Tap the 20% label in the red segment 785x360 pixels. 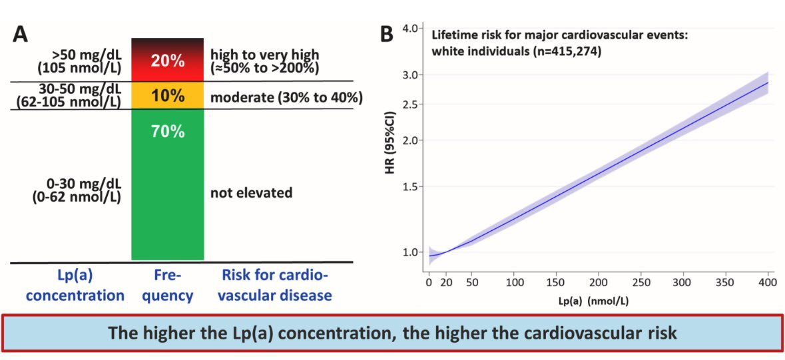pos(167,61)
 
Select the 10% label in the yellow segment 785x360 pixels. pos(167,96)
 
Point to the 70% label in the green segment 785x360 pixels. pos(167,132)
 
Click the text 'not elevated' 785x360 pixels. pos(251,193)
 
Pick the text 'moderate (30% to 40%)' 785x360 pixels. pos(286,98)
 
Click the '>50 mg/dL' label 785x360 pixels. pos(88,55)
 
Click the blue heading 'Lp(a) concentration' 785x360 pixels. pos(69,285)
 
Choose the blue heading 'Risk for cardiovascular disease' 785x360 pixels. pos(276,285)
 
